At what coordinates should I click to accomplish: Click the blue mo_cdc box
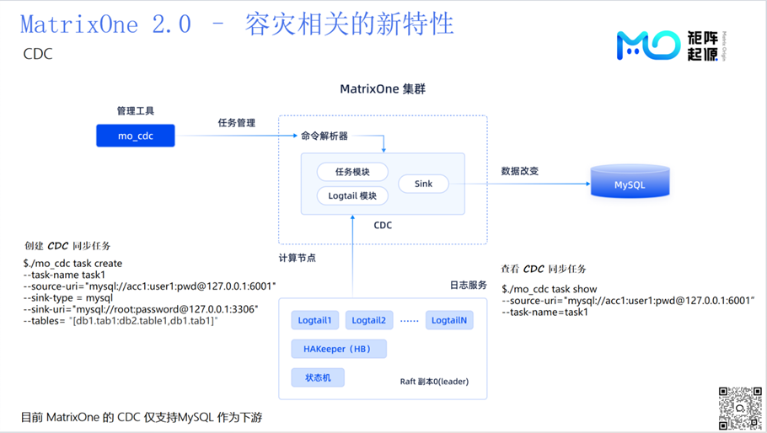[136, 136]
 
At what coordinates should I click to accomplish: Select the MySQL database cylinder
[630, 181]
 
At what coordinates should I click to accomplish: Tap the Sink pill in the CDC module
[424, 184]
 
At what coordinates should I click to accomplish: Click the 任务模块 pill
[352, 172]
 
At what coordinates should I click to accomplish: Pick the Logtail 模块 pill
[352, 195]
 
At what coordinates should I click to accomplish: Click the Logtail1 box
[314, 320]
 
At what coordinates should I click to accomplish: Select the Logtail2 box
[369, 320]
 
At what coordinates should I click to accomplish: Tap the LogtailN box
[449, 320]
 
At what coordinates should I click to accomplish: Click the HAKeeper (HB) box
[339, 349]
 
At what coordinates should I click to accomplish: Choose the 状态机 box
[318, 377]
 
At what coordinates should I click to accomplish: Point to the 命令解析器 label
[324, 136]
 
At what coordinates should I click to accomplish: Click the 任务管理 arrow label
[237, 123]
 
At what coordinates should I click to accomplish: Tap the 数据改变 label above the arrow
[520, 171]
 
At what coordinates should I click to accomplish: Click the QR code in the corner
[740, 408]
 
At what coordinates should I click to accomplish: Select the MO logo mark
[648, 45]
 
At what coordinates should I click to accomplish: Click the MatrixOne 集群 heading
[383, 89]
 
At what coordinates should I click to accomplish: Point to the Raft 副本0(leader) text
[434, 382]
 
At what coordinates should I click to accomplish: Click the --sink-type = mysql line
[68, 297]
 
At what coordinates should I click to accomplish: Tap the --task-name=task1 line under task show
[545, 312]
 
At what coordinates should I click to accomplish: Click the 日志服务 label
[468, 285]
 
